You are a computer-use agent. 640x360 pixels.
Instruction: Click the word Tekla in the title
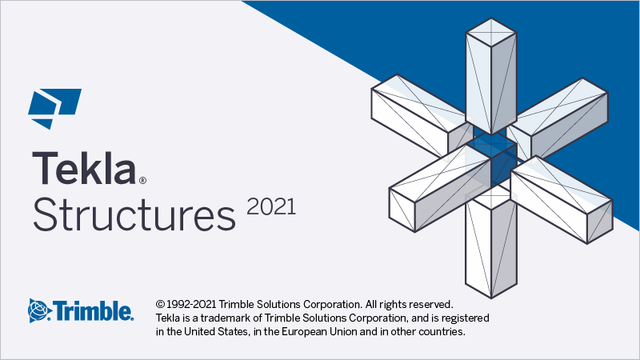click(x=84, y=168)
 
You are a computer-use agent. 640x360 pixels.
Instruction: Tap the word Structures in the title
click(x=134, y=214)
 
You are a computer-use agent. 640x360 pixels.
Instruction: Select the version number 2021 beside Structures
click(x=271, y=206)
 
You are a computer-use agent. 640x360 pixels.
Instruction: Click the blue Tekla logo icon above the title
click(x=54, y=109)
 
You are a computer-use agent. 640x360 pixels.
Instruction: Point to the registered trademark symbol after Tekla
click(x=142, y=180)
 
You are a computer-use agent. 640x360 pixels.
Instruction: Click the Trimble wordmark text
click(x=94, y=311)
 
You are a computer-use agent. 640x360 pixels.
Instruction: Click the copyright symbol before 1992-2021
click(x=160, y=304)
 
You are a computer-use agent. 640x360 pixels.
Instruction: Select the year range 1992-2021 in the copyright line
click(x=191, y=304)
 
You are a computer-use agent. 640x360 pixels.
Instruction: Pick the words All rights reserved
click(x=409, y=305)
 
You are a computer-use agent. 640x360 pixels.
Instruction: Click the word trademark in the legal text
click(x=225, y=318)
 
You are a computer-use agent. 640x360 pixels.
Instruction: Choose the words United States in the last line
click(x=216, y=331)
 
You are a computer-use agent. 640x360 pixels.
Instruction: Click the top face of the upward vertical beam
click(x=491, y=32)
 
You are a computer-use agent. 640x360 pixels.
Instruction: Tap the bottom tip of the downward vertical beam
click(x=491, y=298)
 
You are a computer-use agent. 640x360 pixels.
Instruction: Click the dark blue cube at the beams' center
click(x=491, y=162)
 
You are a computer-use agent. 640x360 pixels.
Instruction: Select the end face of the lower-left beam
click(x=402, y=210)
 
